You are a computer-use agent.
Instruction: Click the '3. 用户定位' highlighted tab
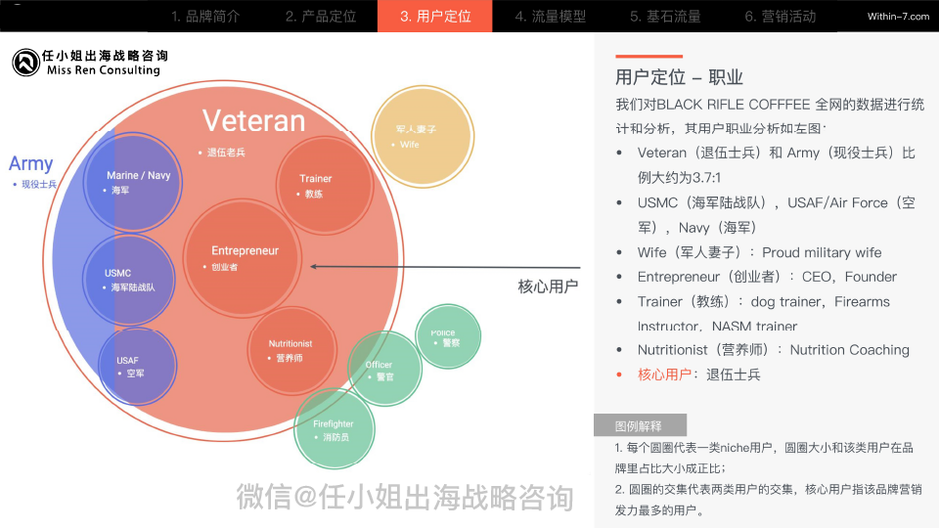[x=434, y=17]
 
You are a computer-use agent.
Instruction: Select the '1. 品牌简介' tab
[x=205, y=17]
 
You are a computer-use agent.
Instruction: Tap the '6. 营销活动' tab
[x=780, y=17]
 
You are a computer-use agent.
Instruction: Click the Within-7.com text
[x=898, y=17]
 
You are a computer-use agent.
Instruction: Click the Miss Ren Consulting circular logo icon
[x=25, y=63]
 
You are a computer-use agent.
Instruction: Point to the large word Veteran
[x=253, y=121]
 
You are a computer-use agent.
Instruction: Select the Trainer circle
[x=315, y=186]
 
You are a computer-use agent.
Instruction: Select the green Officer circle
[x=382, y=370]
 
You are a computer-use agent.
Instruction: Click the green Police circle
[x=448, y=337]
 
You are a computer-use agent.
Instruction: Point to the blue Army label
[x=31, y=164]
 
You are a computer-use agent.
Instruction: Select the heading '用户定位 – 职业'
[x=679, y=78]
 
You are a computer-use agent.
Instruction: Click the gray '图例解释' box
[x=640, y=425]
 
